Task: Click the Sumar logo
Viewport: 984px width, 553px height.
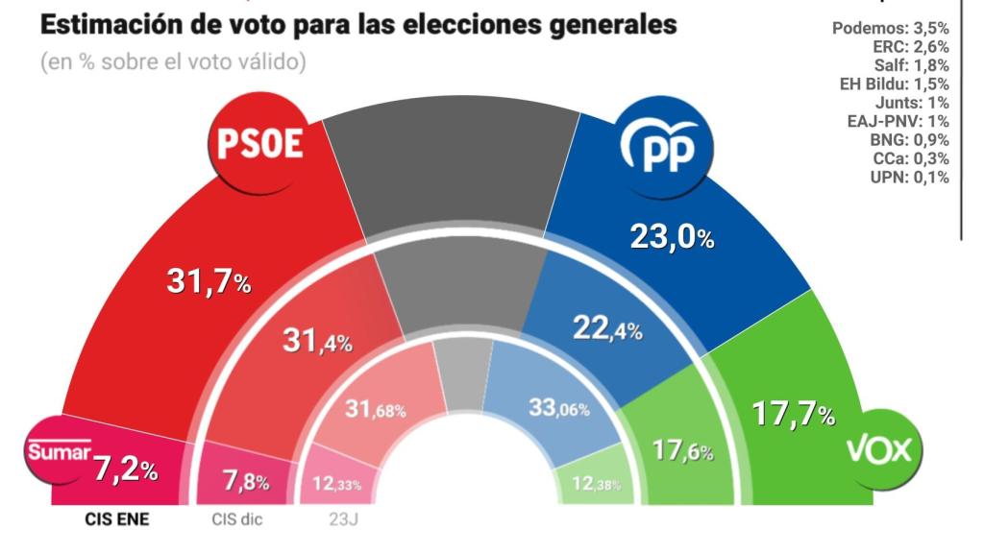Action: click(x=58, y=450)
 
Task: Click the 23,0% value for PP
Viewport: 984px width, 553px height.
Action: click(x=672, y=236)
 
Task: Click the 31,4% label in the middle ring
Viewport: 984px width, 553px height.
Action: click(x=317, y=341)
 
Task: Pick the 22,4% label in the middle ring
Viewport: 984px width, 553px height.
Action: click(x=606, y=329)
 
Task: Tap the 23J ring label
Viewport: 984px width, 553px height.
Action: click(x=338, y=521)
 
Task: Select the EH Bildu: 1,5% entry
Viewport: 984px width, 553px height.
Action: click(x=894, y=84)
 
